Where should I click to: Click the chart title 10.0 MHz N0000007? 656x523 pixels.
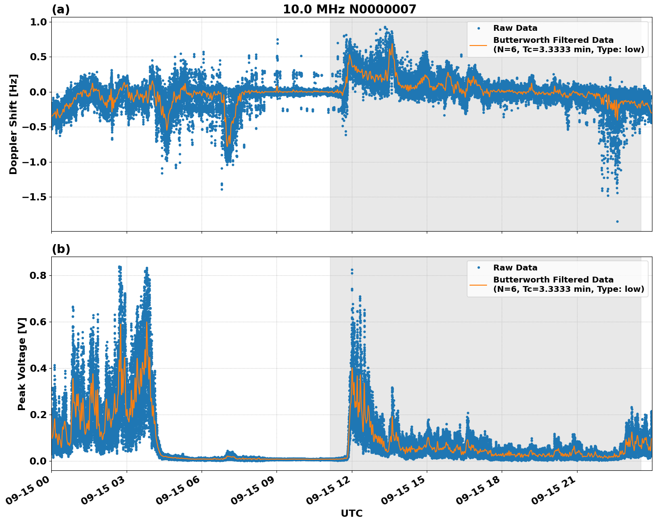click(349, 9)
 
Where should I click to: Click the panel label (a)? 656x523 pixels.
click(61, 9)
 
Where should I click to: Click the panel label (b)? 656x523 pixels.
click(61, 249)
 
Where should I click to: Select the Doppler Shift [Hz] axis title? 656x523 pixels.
click(13, 124)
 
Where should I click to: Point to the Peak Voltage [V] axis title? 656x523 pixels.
click(22, 364)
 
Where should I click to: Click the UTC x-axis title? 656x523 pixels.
click(351, 513)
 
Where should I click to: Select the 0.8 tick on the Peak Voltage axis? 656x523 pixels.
click(37, 275)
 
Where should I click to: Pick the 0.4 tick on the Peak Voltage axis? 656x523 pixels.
click(37, 368)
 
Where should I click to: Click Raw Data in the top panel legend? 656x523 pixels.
click(515, 28)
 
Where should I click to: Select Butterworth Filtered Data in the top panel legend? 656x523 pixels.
click(553, 40)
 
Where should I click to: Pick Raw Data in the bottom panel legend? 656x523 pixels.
click(515, 268)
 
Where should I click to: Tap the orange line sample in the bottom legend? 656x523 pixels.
click(478, 284)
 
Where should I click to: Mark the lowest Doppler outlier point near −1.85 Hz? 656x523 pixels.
click(617, 221)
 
